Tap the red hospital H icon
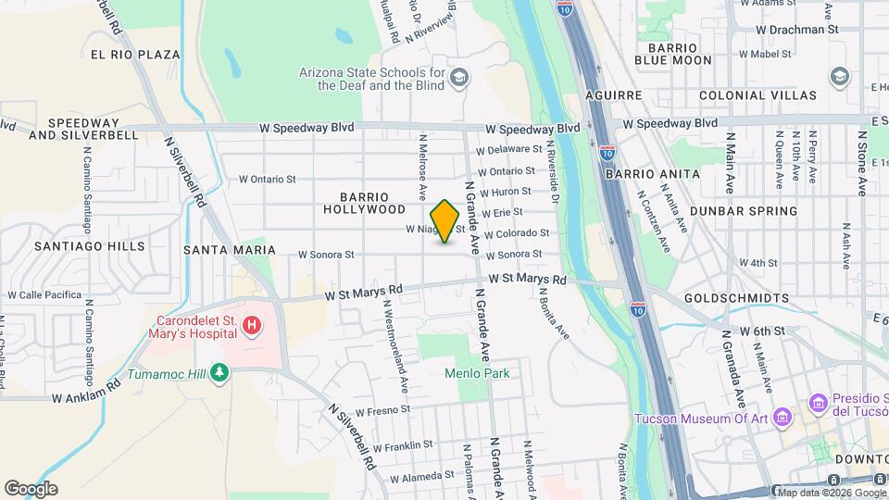(x=252, y=326)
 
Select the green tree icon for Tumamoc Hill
(x=219, y=372)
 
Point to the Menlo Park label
(x=475, y=373)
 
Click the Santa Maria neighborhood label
(x=229, y=250)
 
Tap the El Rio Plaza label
(x=135, y=55)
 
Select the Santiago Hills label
(x=90, y=246)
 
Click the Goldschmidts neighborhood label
(x=737, y=298)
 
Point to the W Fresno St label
(x=381, y=409)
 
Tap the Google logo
(x=31, y=489)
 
